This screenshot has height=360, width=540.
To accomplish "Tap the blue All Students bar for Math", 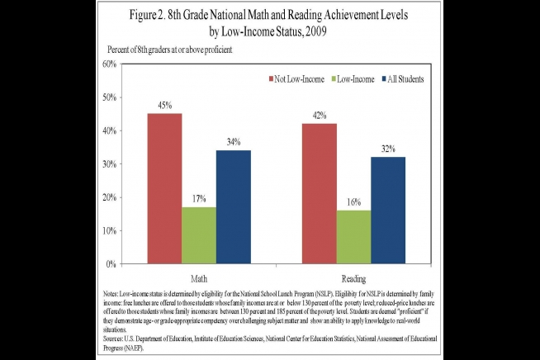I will (x=234, y=207).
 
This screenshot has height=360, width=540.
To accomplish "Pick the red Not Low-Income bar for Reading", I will (x=320, y=193).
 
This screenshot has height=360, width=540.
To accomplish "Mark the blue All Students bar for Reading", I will (x=388, y=211).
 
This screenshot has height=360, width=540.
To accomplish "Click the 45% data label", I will (x=164, y=105).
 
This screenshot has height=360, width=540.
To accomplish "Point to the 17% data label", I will (x=199, y=199).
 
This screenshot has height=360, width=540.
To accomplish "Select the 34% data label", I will (x=234, y=142).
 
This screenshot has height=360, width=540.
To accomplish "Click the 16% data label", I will (x=353, y=202).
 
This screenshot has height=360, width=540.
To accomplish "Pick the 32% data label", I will (x=388, y=149).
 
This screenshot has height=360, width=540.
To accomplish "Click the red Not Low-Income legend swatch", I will (x=271, y=78).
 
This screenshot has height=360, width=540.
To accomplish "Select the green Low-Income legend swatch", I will (x=335, y=78).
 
